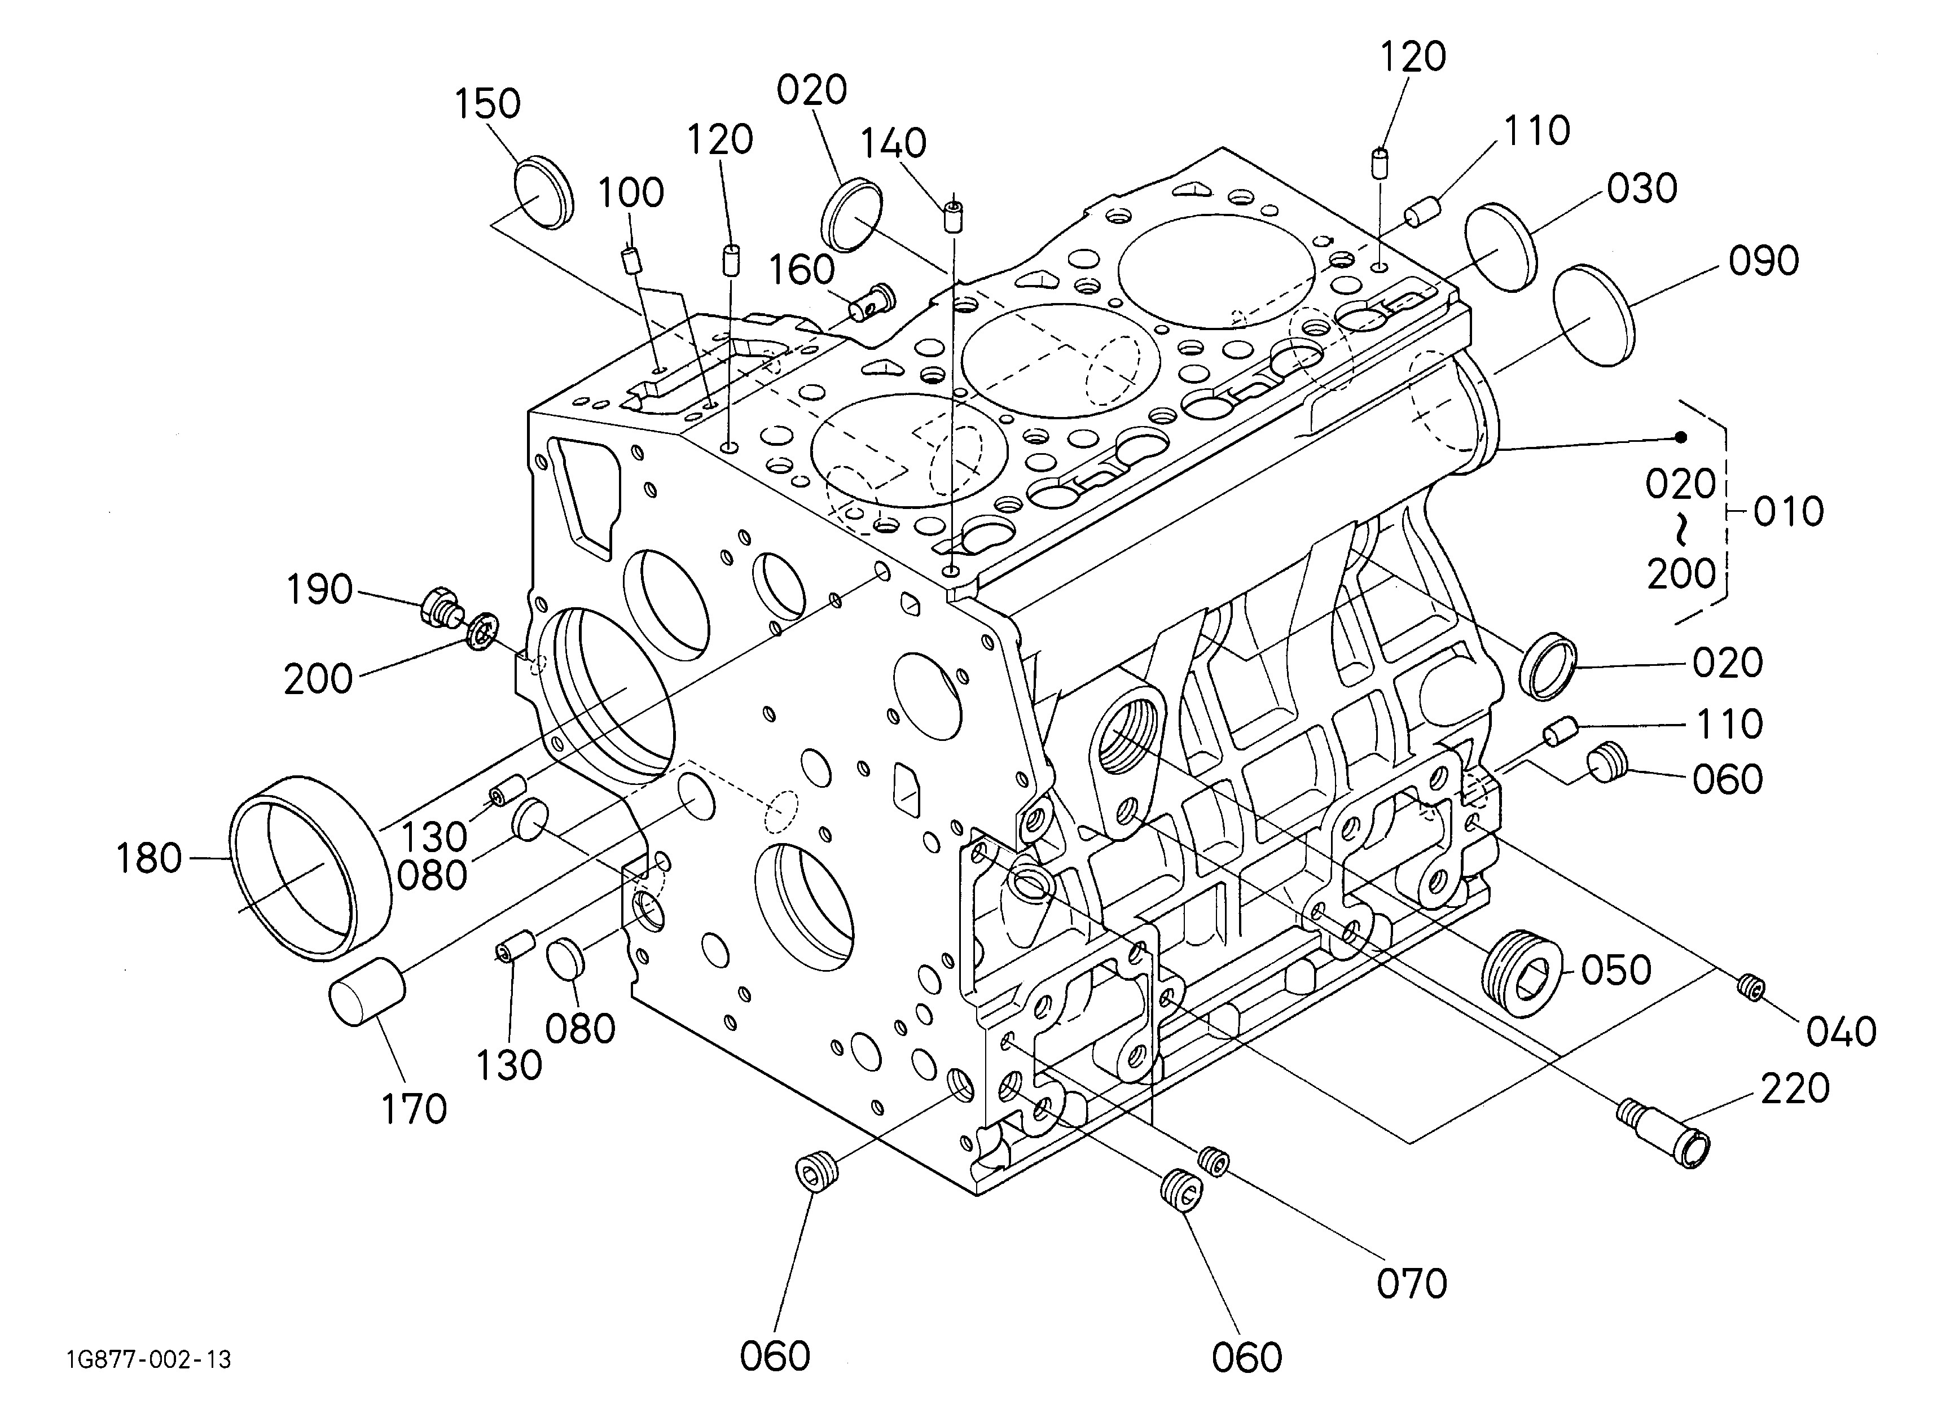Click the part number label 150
click(x=487, y=104)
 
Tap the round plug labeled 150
click(x=543, y=193)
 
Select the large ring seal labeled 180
click(x=311, y=868)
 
